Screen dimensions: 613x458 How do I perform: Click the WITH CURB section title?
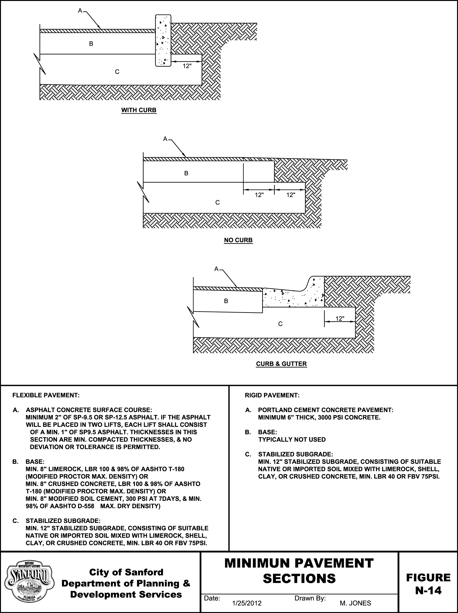click(139, 110)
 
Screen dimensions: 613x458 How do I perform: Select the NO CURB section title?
click(238, 240)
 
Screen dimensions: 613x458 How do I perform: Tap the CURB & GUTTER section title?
click(281, 364)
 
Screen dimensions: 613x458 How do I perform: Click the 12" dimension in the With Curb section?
click(187, 66)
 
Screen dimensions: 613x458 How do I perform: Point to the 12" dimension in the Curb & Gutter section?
click(340, 318)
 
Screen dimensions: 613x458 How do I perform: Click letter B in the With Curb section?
click(91, 44)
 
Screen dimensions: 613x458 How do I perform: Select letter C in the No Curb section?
click(217, 203)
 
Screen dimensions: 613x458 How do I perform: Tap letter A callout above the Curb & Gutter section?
click(216, 269)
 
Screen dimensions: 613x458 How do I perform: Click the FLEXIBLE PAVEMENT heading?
click(46, 395)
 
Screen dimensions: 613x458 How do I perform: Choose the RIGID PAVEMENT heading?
click(272, 395)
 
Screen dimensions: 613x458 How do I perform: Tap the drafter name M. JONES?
click(355, 603)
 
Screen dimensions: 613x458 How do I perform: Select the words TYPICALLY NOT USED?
click(292, 439)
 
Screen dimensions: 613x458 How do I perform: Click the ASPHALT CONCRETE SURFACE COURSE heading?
click(89, 410)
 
